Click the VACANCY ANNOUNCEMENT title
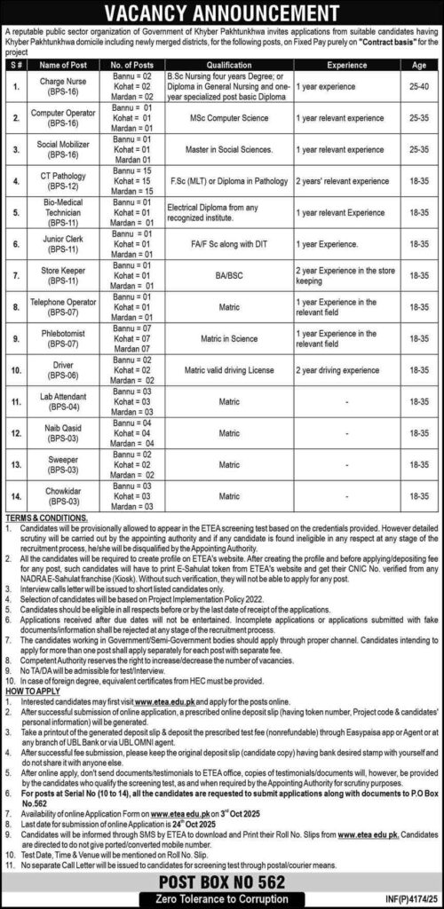[x=222, y=12]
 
